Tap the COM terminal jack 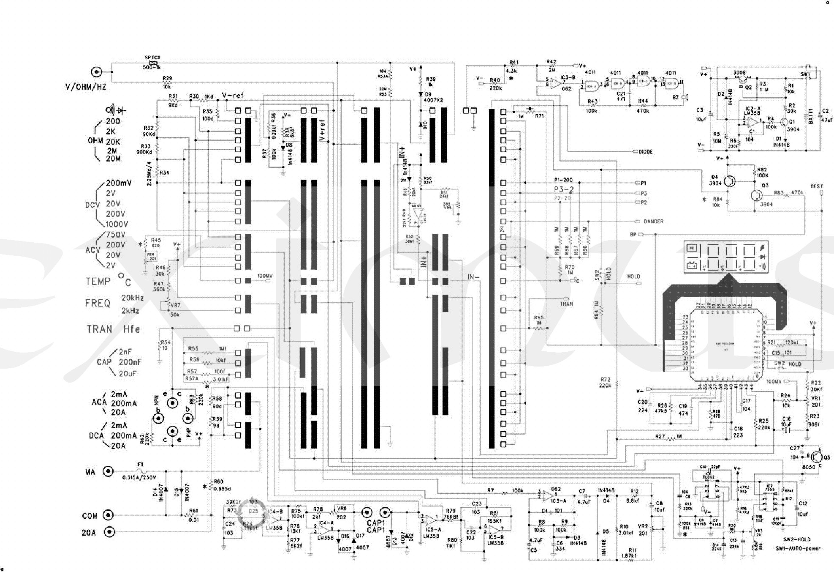[x=109, y=515]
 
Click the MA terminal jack [x=109, y=471]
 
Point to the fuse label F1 [x=140, y=465]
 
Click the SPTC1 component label [x=152, y=57]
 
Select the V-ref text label [x=233, y=96]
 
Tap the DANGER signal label [x=653, y=222]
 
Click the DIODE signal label [x=646, y=152]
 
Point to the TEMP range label [x=98, y=282]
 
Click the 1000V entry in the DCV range [x=117, y=224]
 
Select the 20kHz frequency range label [x=133, y=298]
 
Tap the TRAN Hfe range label [x=113, y=329]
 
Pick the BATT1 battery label [x=810, y=116]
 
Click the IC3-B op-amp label [x=568, y=78]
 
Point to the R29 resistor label [x=167, y=79]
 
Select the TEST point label [x=816, y=186]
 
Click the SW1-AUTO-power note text [x=798, y=548]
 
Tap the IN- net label [x=473, y=277]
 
